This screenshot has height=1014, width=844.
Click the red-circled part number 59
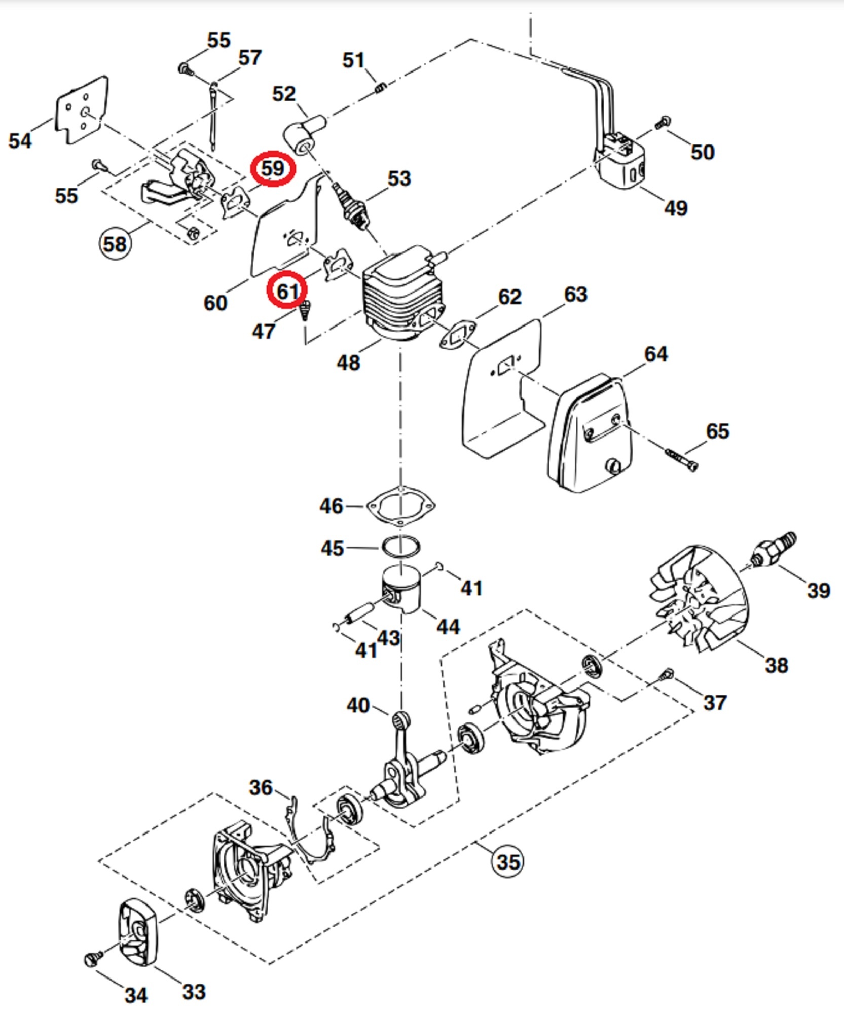pos(273,168)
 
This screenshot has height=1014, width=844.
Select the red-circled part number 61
pos(287,291)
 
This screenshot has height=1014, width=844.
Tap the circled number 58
pos(115,244)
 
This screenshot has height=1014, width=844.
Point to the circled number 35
pos(507,861)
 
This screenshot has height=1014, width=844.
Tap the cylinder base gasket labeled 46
pos(401,508)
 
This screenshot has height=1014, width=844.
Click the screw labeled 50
pos(663,122)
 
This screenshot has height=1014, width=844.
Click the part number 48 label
pos(348,363)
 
